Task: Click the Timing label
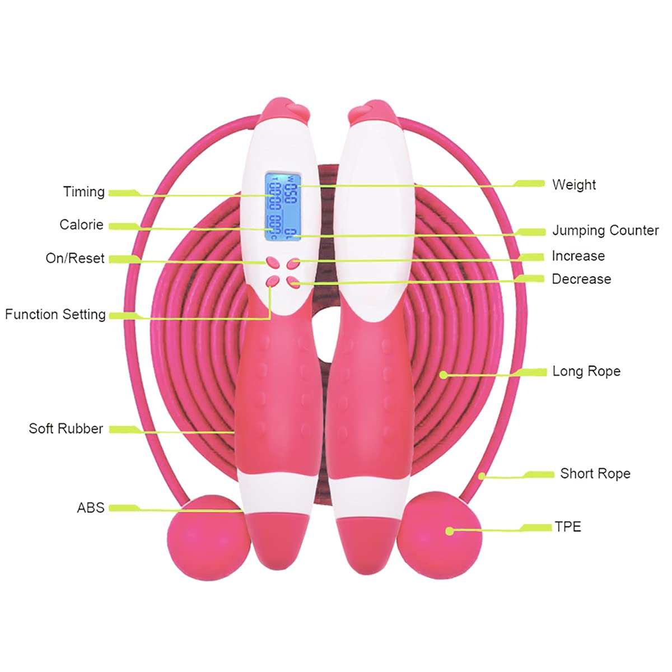[84, 192]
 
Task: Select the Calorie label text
[82, 225]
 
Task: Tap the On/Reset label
[75, 259]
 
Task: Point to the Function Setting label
[55, 315]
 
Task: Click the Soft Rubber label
[66, 429]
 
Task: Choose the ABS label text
[91, 508]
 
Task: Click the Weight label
[574, 185]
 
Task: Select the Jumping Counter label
[605, 231]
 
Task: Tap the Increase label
[578, 256]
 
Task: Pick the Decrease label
[581, 279]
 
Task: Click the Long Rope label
[586, 371]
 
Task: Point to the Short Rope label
[595, 474]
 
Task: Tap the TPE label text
[568, 527]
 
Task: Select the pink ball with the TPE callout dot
[440, 532]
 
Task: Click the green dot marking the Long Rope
[444, 375]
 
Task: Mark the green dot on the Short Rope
[482, 477]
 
